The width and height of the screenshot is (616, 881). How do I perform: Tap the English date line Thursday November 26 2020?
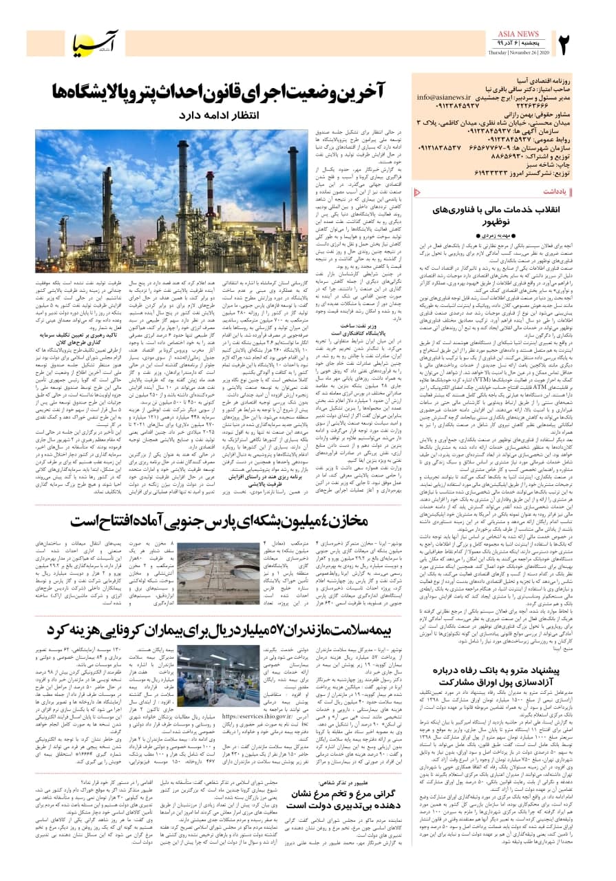point(516,54)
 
